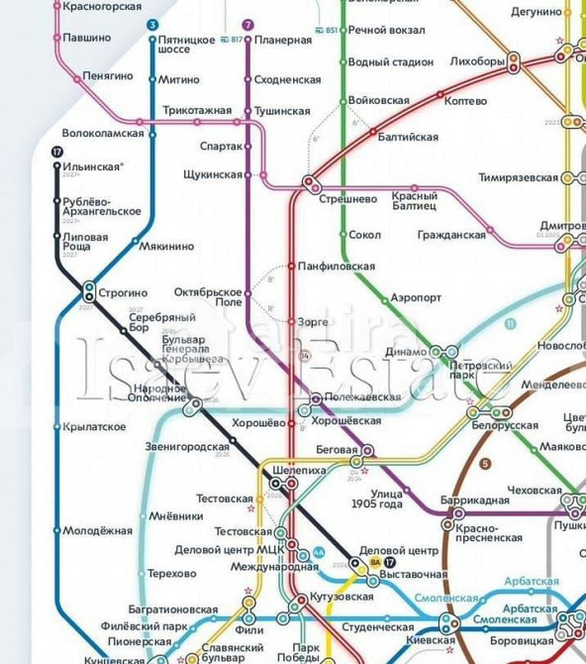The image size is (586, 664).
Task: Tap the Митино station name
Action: [178, 79]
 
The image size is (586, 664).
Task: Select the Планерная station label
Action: [283, 40]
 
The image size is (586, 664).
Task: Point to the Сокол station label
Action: [364, 235]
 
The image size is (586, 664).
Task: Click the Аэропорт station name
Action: [416, 297]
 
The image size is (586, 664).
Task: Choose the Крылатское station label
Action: [95, 427]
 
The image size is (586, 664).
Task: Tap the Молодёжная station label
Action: [97, 531]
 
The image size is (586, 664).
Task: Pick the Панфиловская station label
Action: [337, 267]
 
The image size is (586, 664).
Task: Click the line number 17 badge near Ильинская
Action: [57, 152]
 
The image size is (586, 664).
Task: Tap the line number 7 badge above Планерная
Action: [247, 24]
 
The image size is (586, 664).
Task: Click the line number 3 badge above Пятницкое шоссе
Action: [151, 24]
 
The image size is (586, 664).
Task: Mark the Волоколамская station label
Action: [103, 133]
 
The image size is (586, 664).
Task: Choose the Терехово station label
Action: [172, 574]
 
